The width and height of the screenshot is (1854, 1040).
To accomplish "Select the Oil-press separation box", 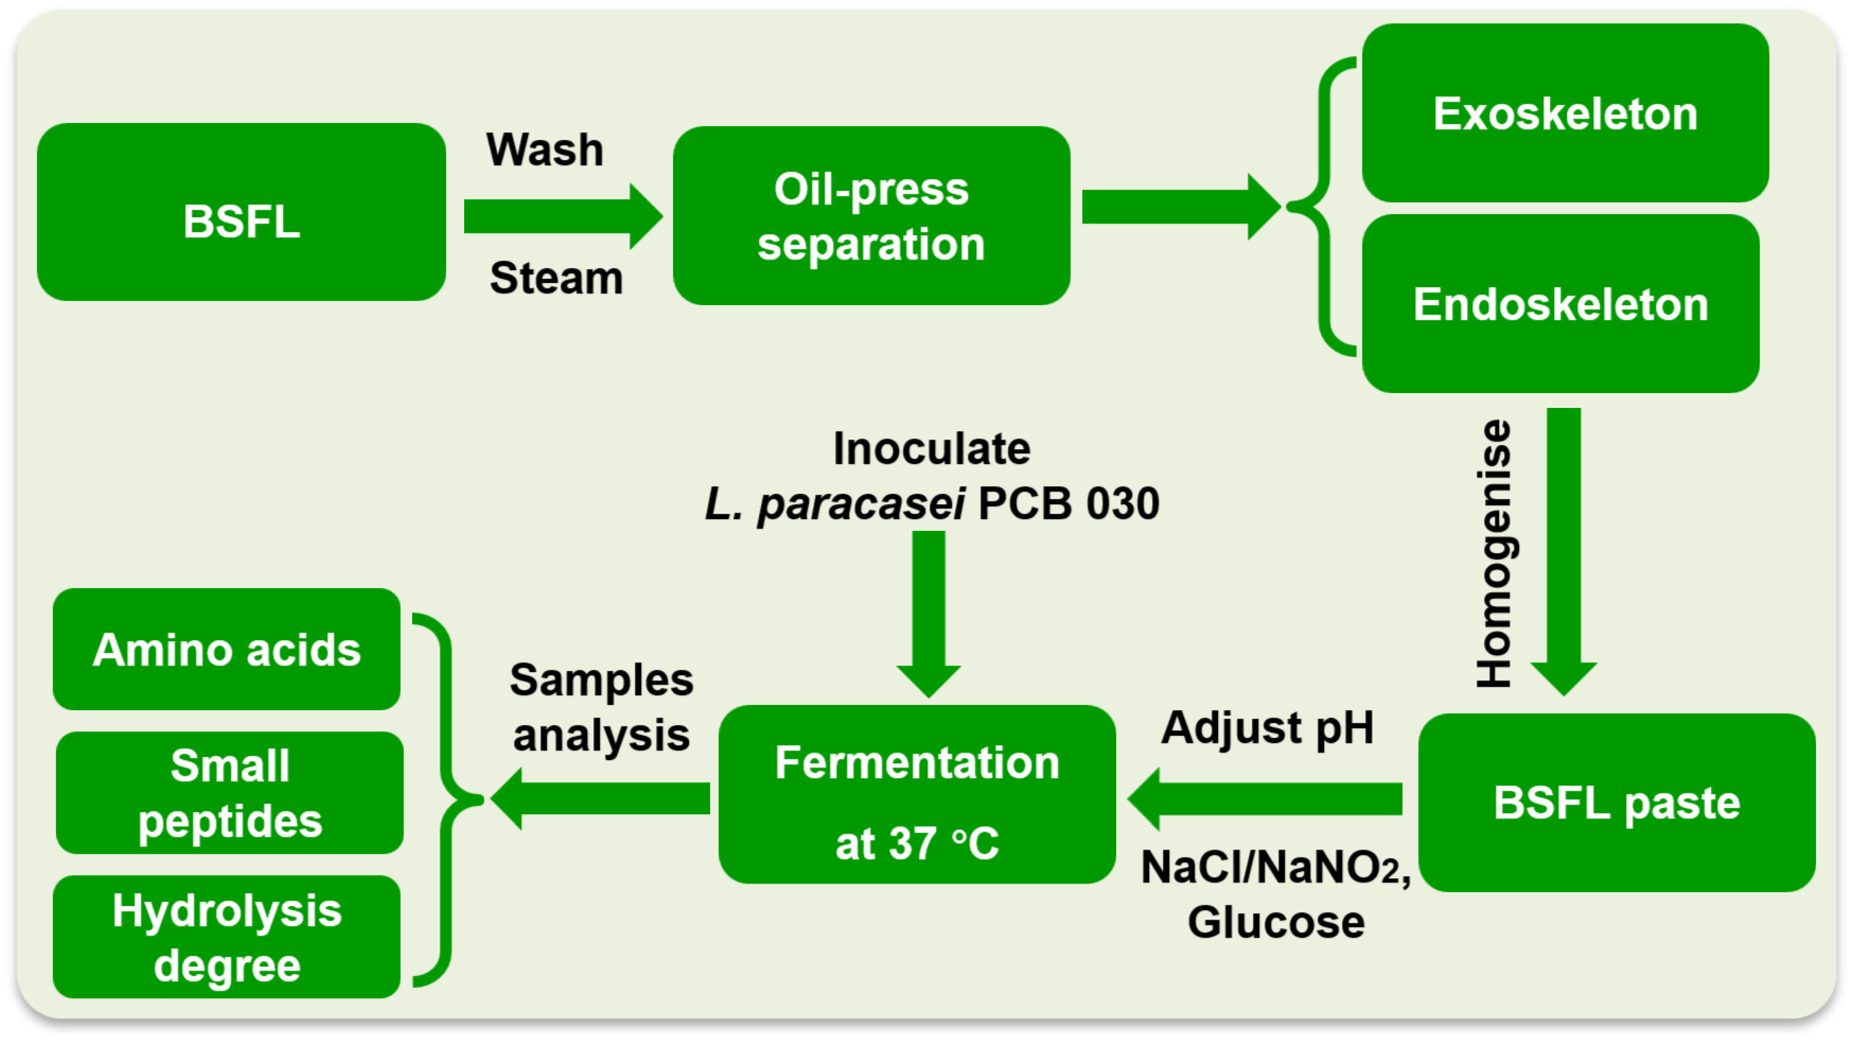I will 871,216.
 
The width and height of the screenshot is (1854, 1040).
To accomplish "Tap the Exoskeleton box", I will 1565,113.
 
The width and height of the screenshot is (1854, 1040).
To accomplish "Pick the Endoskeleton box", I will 1560,304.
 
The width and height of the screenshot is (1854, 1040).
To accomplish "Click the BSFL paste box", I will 1616,802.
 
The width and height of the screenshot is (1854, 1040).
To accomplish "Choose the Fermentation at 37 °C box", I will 917,795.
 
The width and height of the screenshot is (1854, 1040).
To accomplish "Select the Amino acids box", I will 227,650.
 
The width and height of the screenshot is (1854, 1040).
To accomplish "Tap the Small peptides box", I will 230,793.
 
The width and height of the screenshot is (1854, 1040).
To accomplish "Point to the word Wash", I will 545,150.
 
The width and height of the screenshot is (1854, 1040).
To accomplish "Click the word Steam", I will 555,278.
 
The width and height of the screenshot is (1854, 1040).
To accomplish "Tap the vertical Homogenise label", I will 1494,553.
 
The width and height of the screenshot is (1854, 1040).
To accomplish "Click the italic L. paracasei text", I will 835,504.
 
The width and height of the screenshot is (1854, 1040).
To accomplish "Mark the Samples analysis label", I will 602,707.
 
